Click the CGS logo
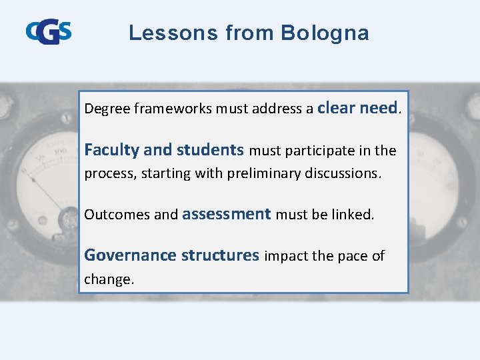click(49, 32)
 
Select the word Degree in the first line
click(107, 109)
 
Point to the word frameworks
click(173, 109)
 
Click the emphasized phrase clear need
click(357, 107)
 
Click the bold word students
click(210, 150)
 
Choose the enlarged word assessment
click(226, 214)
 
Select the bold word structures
click(220, 255)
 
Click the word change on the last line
click(107, 279)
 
